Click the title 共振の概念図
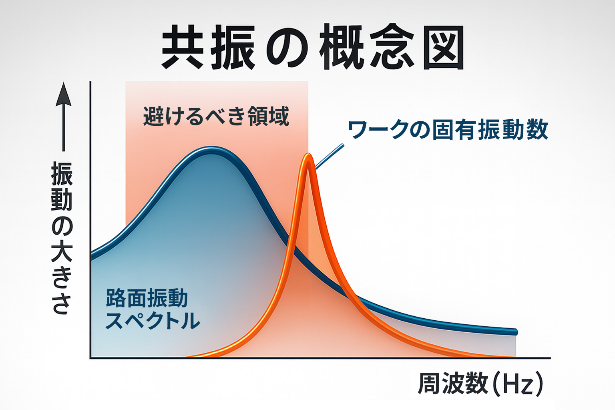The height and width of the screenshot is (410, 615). point(312,47)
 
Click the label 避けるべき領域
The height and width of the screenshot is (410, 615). point(216,117)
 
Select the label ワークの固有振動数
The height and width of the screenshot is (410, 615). point(448,130)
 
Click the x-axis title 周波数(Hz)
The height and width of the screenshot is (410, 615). point(480,383)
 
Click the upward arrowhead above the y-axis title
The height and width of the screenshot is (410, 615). point(63,94)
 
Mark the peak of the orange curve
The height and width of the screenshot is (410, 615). point(308,156)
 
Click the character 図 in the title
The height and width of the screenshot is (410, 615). point(444,47)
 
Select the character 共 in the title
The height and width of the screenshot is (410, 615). point(183,47)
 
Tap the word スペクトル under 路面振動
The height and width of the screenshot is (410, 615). point(152,321)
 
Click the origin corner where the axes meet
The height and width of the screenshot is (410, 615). point(90,358)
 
